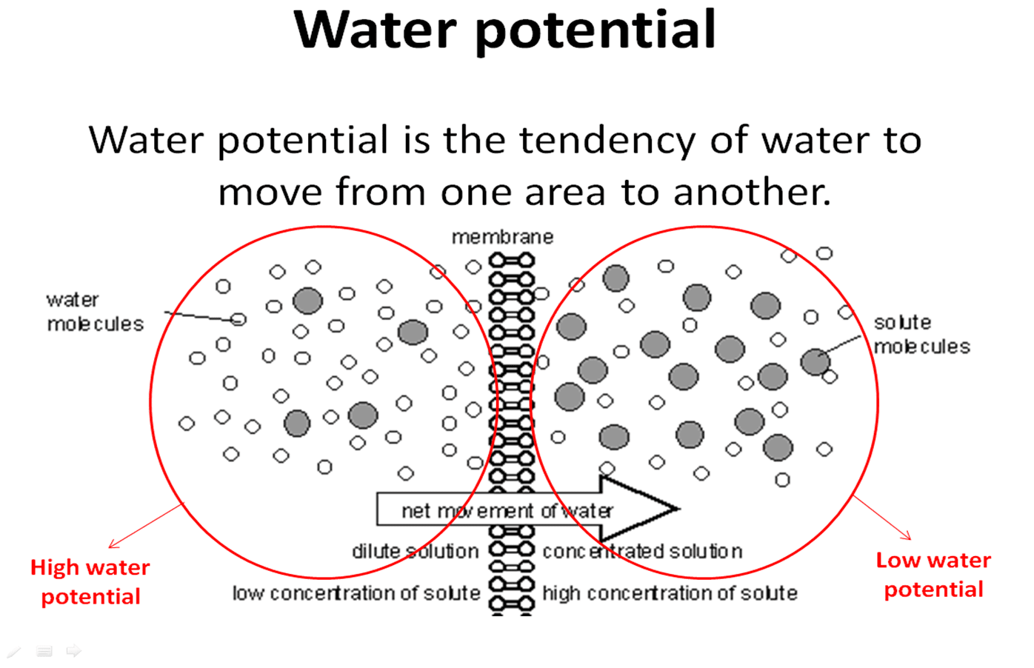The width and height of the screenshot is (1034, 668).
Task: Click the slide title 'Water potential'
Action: pos(505,30)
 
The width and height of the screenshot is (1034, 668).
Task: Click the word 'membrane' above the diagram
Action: pos(502,237)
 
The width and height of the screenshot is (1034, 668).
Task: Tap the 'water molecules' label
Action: pos(95,312)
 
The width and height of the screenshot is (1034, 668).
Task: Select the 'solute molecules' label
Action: pos(921,334)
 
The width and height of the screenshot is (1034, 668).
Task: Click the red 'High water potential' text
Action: pos(90,582)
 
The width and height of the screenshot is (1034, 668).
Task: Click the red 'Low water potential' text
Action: pos(933,575)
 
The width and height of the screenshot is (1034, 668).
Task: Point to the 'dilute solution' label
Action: pos(415,551)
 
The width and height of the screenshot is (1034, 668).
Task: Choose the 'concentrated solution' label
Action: pos(642,551)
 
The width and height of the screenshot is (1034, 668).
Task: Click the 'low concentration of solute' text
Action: pos(356,593)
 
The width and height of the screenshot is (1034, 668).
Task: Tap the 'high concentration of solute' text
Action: pos(670,593)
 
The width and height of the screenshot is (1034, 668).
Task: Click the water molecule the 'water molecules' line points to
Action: pos(238,320)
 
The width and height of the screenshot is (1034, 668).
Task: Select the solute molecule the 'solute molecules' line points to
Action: pos(815,362)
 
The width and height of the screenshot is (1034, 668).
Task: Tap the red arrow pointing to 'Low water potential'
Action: pos(882,517)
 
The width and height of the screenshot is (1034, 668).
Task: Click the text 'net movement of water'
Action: pos(507,510)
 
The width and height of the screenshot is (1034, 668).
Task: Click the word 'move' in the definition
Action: pos(270,192)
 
